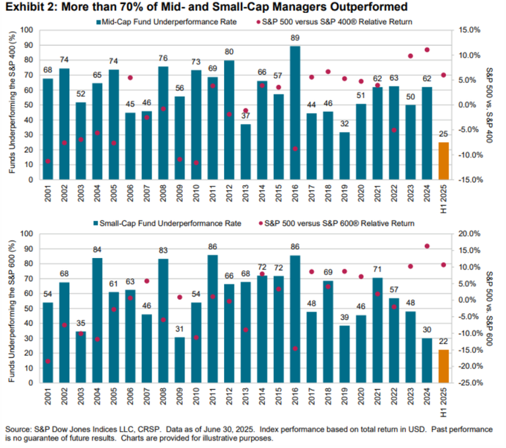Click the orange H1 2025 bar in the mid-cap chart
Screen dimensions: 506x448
tap(443, 161)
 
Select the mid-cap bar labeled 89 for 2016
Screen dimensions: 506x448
tap(295, 113)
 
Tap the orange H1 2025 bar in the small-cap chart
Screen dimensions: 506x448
tap(443, 366)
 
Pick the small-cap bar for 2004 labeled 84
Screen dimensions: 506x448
tap(97, 321)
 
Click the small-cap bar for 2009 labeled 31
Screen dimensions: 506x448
tap(179, 360)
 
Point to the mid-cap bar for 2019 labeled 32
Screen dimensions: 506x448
tap(345, 156)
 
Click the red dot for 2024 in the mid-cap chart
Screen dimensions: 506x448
tap(427, 50)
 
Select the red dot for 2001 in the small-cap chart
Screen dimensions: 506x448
tap(48, 361)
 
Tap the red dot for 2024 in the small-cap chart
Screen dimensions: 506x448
tap(427, 247)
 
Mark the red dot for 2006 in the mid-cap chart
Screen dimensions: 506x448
tap(130, 77)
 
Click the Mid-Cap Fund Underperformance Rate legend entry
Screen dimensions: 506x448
tap(167, 22)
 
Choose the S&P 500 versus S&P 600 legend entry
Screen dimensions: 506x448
tap(335, 224)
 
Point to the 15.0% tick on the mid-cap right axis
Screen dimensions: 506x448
tap(470, 30)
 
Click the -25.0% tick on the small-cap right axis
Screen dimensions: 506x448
tap(470, 383)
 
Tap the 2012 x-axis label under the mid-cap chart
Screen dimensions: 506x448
tap(229, 193)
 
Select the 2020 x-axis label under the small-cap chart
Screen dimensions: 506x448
tap(361, 396)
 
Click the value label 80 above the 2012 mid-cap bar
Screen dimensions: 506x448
tap(229, 52)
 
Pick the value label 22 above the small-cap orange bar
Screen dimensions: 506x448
tap(443, 342)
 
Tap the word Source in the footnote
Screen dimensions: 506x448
tap(17, 430)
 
